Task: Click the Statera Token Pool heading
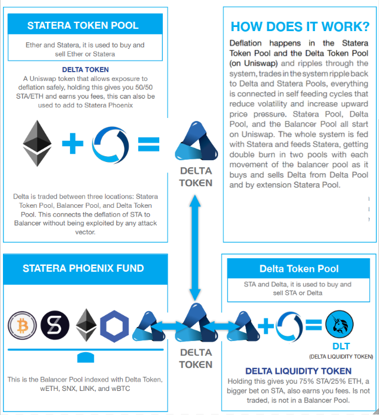pyautogui.click(x=83, y=25)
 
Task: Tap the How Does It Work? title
pyautogui.click(x=300, y=27)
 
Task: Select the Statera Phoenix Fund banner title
pyautogui.click(x=83, y=268)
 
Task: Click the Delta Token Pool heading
pyautogui.click(x=299, y=269)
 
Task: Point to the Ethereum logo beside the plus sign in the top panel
pyautogui.click(x=37, y=143)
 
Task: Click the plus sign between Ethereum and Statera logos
pyautogui.click(x=72, y=143)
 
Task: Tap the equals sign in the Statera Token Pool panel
pyautogui.click(x=149, y=144)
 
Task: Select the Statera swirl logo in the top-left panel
pyautogui.click(x=110, y=144)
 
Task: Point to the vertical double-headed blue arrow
pyautogui.click(x=195, y=248)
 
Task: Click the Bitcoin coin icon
pyautogui.click(x=22, y=325)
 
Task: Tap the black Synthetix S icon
pyautogui.click(x=55, y=325)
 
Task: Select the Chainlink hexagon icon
pyautogui.click(x=114, y=326)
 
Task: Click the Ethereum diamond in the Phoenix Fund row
pyautogui.click(x=86, y=325)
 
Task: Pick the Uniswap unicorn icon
pyautogui.click(x=339, y=324)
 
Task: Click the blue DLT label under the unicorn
pyautogui.click(x=341, y=346)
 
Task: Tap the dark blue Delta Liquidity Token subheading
pyautogui.click(x=298, y=371)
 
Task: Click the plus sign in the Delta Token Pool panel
pyautogui.click(x=266, y=326)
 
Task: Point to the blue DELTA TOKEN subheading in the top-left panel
pyautogui.click(x=85, y=70)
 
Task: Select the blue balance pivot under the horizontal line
pyautogui.click(x=86, y=357)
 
